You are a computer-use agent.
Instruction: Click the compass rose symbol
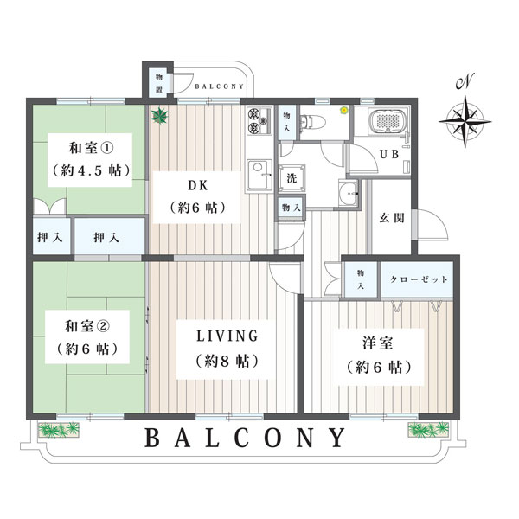point(465,121)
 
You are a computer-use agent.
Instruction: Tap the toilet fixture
point(307,121)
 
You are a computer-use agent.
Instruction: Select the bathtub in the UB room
point(386,121)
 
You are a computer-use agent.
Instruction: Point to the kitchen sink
point(259,176)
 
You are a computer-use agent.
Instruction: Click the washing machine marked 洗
point(292,178)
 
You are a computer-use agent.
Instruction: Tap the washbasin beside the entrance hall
point(349,193)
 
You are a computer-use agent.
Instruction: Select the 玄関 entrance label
point(392,218)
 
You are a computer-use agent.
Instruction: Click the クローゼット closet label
point(419,279)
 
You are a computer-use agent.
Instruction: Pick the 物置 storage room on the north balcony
point(159,83)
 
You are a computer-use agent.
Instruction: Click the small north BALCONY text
point(219,86)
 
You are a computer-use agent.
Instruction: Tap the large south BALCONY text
point(245,438)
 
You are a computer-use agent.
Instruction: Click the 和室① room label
point(91,148)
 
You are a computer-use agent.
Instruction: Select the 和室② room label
point(87,327)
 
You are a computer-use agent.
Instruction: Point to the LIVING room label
point(227,336)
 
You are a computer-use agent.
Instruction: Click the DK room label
point(198,186)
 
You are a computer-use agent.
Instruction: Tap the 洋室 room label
point(378,343)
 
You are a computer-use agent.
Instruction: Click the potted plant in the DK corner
point(159,116)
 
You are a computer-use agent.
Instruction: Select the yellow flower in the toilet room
point(344,110)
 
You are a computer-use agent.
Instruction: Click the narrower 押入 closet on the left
point(52,236)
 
